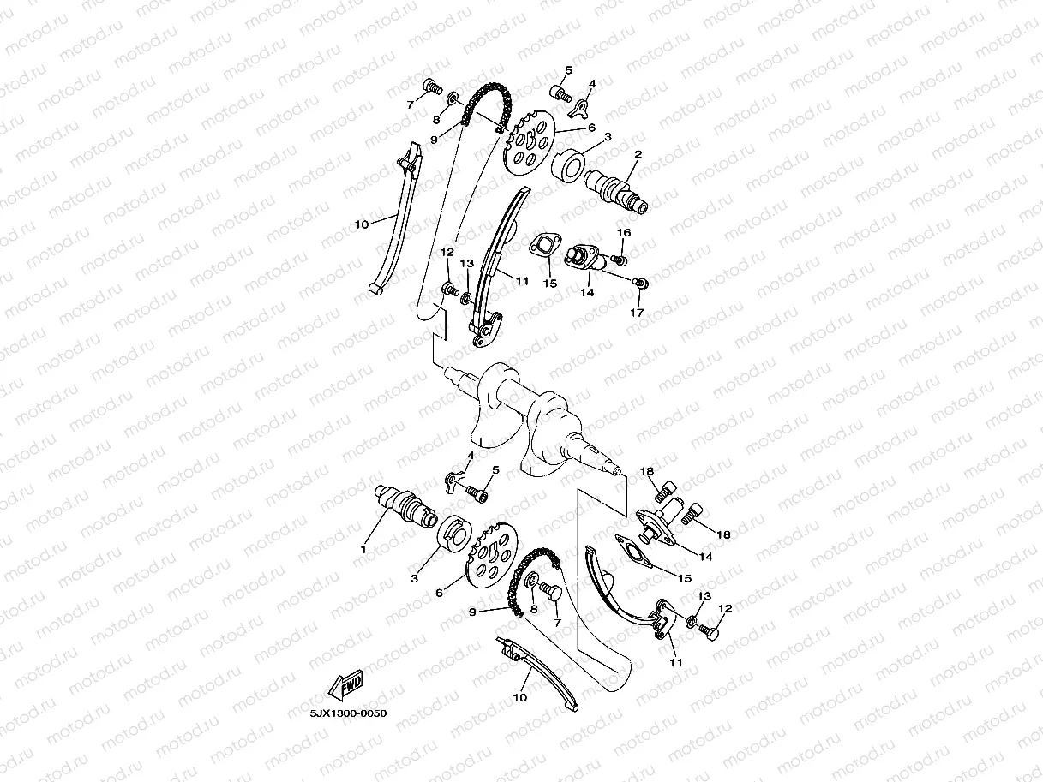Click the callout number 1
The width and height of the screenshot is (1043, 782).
(x=363, y=548)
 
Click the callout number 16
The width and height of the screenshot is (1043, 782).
(x=624, y=232)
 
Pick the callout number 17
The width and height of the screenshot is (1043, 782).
(x=637, y=313)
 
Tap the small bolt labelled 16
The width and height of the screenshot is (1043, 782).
(x=620, y=258)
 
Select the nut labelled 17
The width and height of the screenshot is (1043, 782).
(x=639, y=282)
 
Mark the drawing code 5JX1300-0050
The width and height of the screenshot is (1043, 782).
(x=342, y=713)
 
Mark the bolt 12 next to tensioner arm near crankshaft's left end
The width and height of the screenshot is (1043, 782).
(x=448, y=292)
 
